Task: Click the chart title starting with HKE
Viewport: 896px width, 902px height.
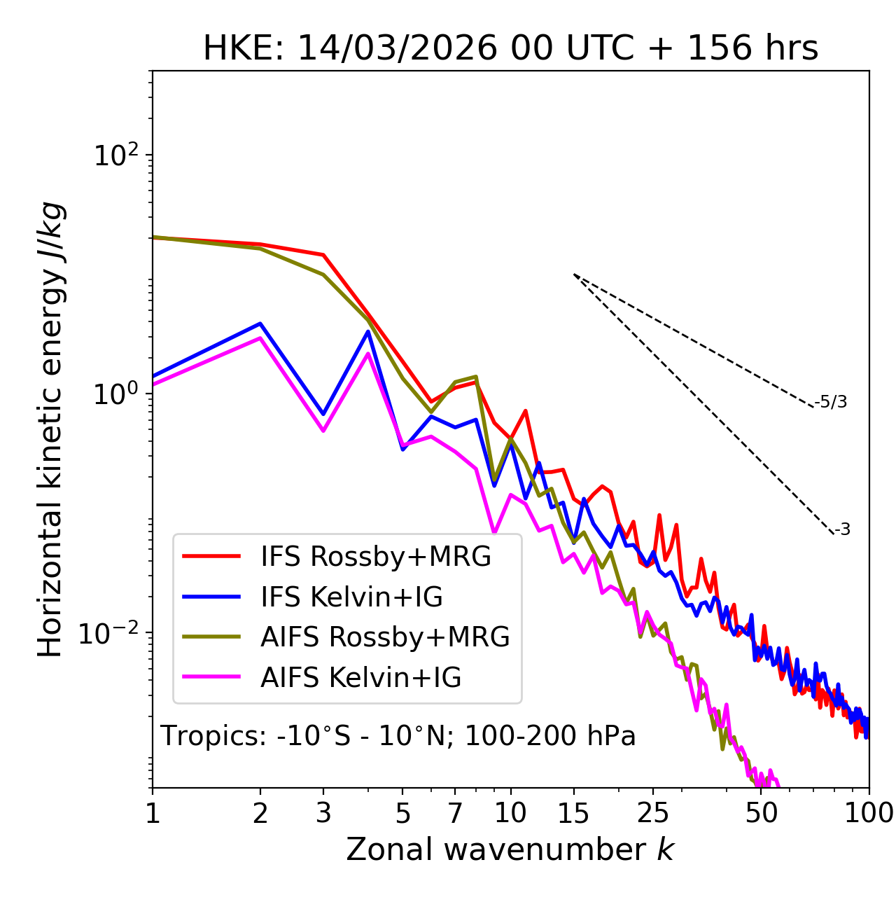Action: click(x=510, y=49)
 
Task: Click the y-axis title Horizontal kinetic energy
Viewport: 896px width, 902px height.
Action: click(x=51, y=429)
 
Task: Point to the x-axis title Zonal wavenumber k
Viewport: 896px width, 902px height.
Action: click(x=510, y=849)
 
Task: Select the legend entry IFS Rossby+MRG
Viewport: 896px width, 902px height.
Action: click(x=375, y=556)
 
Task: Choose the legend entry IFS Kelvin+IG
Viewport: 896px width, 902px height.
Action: click(x=351, y=597)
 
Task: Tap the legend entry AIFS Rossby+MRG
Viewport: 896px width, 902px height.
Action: click(x=385, y=637)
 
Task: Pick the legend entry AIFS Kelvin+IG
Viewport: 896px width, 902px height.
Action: click(x=360, y=678)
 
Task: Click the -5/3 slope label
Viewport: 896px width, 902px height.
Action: click(x=830, y=402)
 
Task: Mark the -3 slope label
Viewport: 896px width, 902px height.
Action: click(x=842, y=530)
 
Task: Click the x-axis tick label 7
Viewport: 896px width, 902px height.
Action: click(x=455, y=813)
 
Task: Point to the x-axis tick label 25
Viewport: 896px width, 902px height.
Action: click(x=653, y=813)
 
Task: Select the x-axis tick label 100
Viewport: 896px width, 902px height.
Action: click(x=869, y=813)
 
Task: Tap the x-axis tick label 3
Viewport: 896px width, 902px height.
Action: click(x=323, y=813)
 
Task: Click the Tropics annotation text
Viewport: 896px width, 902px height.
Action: click(x=398, y=736)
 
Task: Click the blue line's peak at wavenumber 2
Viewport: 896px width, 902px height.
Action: click(x=260, y=324)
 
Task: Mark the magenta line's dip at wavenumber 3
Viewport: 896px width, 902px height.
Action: click(x=323, y=431)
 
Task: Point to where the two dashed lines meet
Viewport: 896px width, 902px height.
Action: click(x=574, y=275)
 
